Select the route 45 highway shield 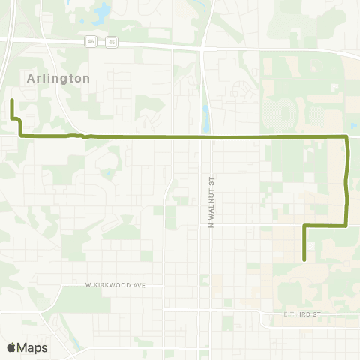point(112,43)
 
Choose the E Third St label point(301,313)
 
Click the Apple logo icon point(11,347)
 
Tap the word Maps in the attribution point(33,347)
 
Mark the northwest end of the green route point(12,100)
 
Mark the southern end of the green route point(304,259)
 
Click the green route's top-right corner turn point(346,137)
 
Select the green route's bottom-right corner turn point(346,225)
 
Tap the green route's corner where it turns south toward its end point(304,225)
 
